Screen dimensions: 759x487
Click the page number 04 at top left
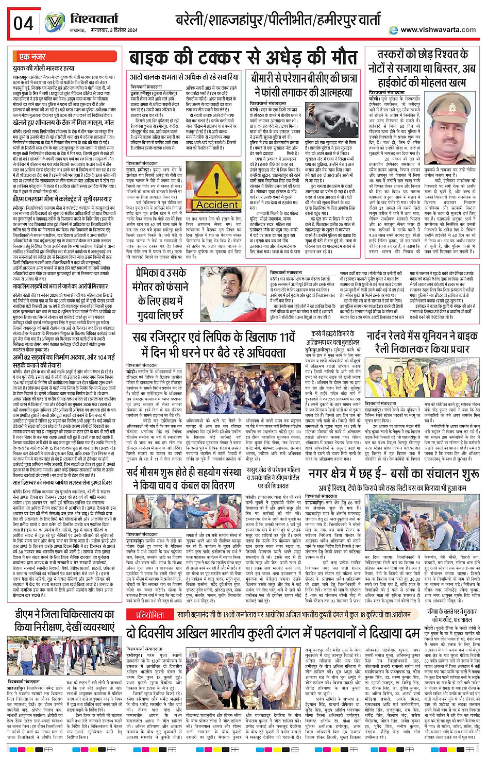23,24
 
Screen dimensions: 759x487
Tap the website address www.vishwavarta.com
438,30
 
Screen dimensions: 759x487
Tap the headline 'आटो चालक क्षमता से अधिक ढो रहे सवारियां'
184,77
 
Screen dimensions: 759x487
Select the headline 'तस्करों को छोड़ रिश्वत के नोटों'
421,68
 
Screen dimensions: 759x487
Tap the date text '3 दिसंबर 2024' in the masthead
118,30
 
